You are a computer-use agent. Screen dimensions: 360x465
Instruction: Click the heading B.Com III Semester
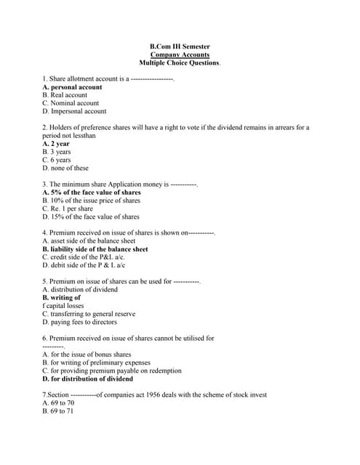click(180, 46)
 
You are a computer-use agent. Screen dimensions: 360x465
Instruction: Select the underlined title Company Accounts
click(180, 54)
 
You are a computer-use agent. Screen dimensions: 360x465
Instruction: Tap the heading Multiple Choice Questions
click(180, 63)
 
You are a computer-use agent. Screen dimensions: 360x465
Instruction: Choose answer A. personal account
click(72, 86)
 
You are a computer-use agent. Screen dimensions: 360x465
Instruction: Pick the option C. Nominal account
click(71, 103)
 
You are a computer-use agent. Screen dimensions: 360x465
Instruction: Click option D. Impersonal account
click(74, 111)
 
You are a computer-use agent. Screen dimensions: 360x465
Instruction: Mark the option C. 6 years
click(57, 160)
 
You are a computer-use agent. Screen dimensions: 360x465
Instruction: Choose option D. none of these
click(65, 168)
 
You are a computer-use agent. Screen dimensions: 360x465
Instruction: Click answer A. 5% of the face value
click(92, 193)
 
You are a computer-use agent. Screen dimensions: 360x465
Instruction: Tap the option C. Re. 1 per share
click(68, 209)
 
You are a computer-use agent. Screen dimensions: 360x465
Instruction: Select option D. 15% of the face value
click(91, 217)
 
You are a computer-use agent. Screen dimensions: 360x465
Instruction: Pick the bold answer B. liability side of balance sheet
click(95, 248)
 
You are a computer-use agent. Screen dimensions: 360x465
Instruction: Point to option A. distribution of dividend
click(80, 289)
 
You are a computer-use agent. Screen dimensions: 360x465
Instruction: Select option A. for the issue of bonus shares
click(87, 355)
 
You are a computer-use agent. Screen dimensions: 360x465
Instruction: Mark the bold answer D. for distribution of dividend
click(87, 379)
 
